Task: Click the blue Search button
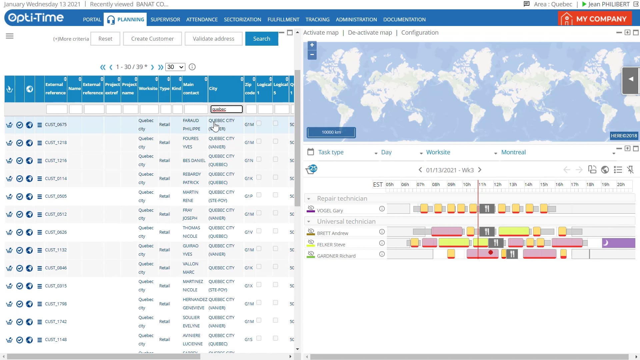pos(261,39)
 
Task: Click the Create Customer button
pos(152,39)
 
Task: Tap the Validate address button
pos(213,39)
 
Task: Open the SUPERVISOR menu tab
pos(165,20)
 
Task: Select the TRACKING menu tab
pos(317,20)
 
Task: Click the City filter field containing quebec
pos(226,109)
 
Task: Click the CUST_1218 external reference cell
pos(56,143)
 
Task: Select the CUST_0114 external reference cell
pos(56,179)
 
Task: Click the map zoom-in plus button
pos(312,45)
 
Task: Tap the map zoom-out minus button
pos(312,55)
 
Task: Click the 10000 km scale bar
pos(331,132)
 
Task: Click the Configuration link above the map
pos(420,33)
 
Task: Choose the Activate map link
pos(321,33)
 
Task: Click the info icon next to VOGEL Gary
pos(382,209)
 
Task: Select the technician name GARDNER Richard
pos(336,256)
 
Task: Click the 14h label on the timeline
pos(528,185)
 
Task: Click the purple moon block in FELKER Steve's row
pos(618,243)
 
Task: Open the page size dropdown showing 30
pos(175,67)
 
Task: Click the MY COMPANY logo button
pos(595,19)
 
